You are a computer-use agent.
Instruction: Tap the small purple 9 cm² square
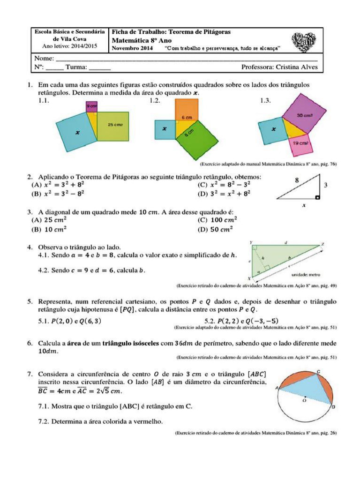91,107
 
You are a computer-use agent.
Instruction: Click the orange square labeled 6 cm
187,112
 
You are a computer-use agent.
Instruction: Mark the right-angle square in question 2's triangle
318,198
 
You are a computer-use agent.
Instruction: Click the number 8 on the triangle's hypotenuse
296,180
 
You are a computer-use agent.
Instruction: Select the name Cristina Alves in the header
297,67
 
